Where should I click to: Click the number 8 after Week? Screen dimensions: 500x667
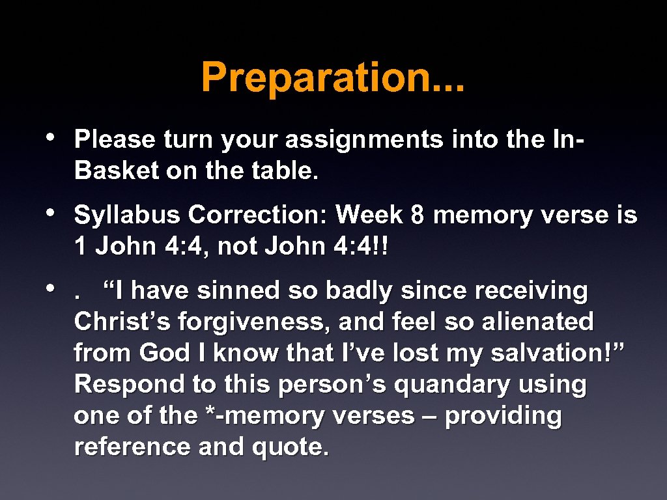[418, 215]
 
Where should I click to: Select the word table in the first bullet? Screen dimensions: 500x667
[283, 171]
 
